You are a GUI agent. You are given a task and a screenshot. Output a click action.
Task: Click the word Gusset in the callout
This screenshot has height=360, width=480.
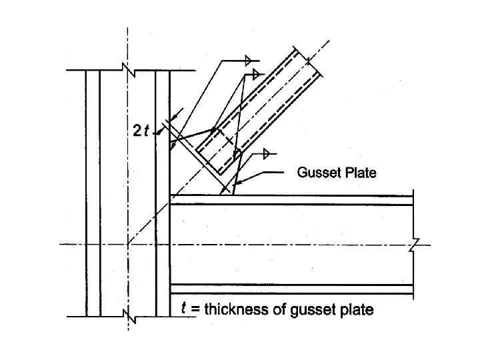[x=315, y=173]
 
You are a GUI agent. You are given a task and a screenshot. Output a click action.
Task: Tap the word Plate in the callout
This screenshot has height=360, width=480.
[x=361, y=173]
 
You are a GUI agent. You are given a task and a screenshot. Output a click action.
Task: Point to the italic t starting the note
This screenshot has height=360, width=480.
[x=184, y=309]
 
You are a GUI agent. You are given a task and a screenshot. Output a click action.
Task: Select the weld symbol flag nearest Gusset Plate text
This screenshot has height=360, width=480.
[x=267, y=155]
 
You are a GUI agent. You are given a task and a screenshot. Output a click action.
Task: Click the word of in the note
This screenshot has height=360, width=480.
[x=275, y=309]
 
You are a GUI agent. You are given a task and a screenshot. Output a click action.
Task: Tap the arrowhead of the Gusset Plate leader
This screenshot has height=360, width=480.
[x=237, y=182]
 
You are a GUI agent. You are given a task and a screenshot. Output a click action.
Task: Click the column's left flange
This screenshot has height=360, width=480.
[x=93, y=193]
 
